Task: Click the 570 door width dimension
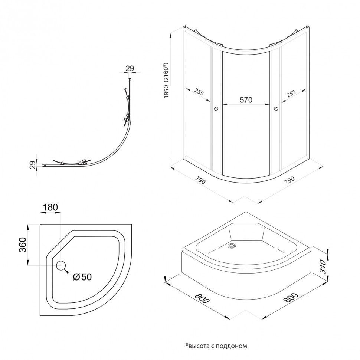pos(245,100)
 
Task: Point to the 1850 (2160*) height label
pos(167,82)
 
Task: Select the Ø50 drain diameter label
pos(82,276)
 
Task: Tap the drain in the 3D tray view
pos(233,245)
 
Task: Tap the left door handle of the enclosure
pos(216,108)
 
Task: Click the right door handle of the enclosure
pos(275,108)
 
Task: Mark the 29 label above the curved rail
pos(130,69)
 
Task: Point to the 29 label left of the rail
pos(32,164)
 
